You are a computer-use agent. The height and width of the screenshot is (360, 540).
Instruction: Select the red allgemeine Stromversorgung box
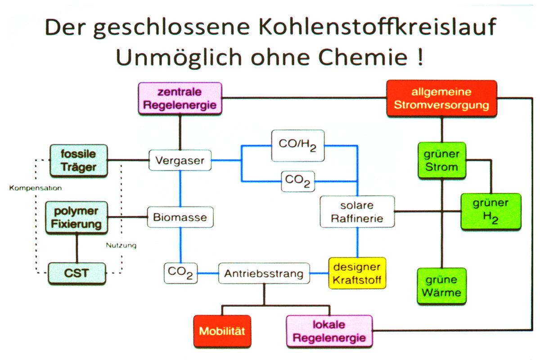pos(441,99)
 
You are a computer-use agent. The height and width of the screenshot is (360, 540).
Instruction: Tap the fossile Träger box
pos(78,161)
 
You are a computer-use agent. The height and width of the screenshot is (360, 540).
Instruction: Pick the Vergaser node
pos(180,160)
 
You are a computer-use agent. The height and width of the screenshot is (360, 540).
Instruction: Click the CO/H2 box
pos(298,146)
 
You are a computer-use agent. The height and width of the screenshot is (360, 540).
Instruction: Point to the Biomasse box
pos(180,217)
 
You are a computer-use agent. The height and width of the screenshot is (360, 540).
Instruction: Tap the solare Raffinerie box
pos(357,211)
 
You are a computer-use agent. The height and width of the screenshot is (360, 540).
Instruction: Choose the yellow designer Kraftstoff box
pos(357,273)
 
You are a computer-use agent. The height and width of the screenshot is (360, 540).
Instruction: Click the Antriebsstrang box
pos(264,273)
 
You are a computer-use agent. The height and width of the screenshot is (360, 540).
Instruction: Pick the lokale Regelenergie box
pos(329,331)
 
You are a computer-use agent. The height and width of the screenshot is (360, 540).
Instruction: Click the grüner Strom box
pos(441,161)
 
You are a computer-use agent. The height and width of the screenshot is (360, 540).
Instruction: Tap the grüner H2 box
pos(490,211)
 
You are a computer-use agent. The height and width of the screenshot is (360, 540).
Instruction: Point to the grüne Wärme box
pos(441,286)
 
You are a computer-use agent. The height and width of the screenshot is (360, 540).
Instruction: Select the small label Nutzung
pos(121,246)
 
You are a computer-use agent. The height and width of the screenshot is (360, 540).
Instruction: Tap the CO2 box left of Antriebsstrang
pos(181,273)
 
